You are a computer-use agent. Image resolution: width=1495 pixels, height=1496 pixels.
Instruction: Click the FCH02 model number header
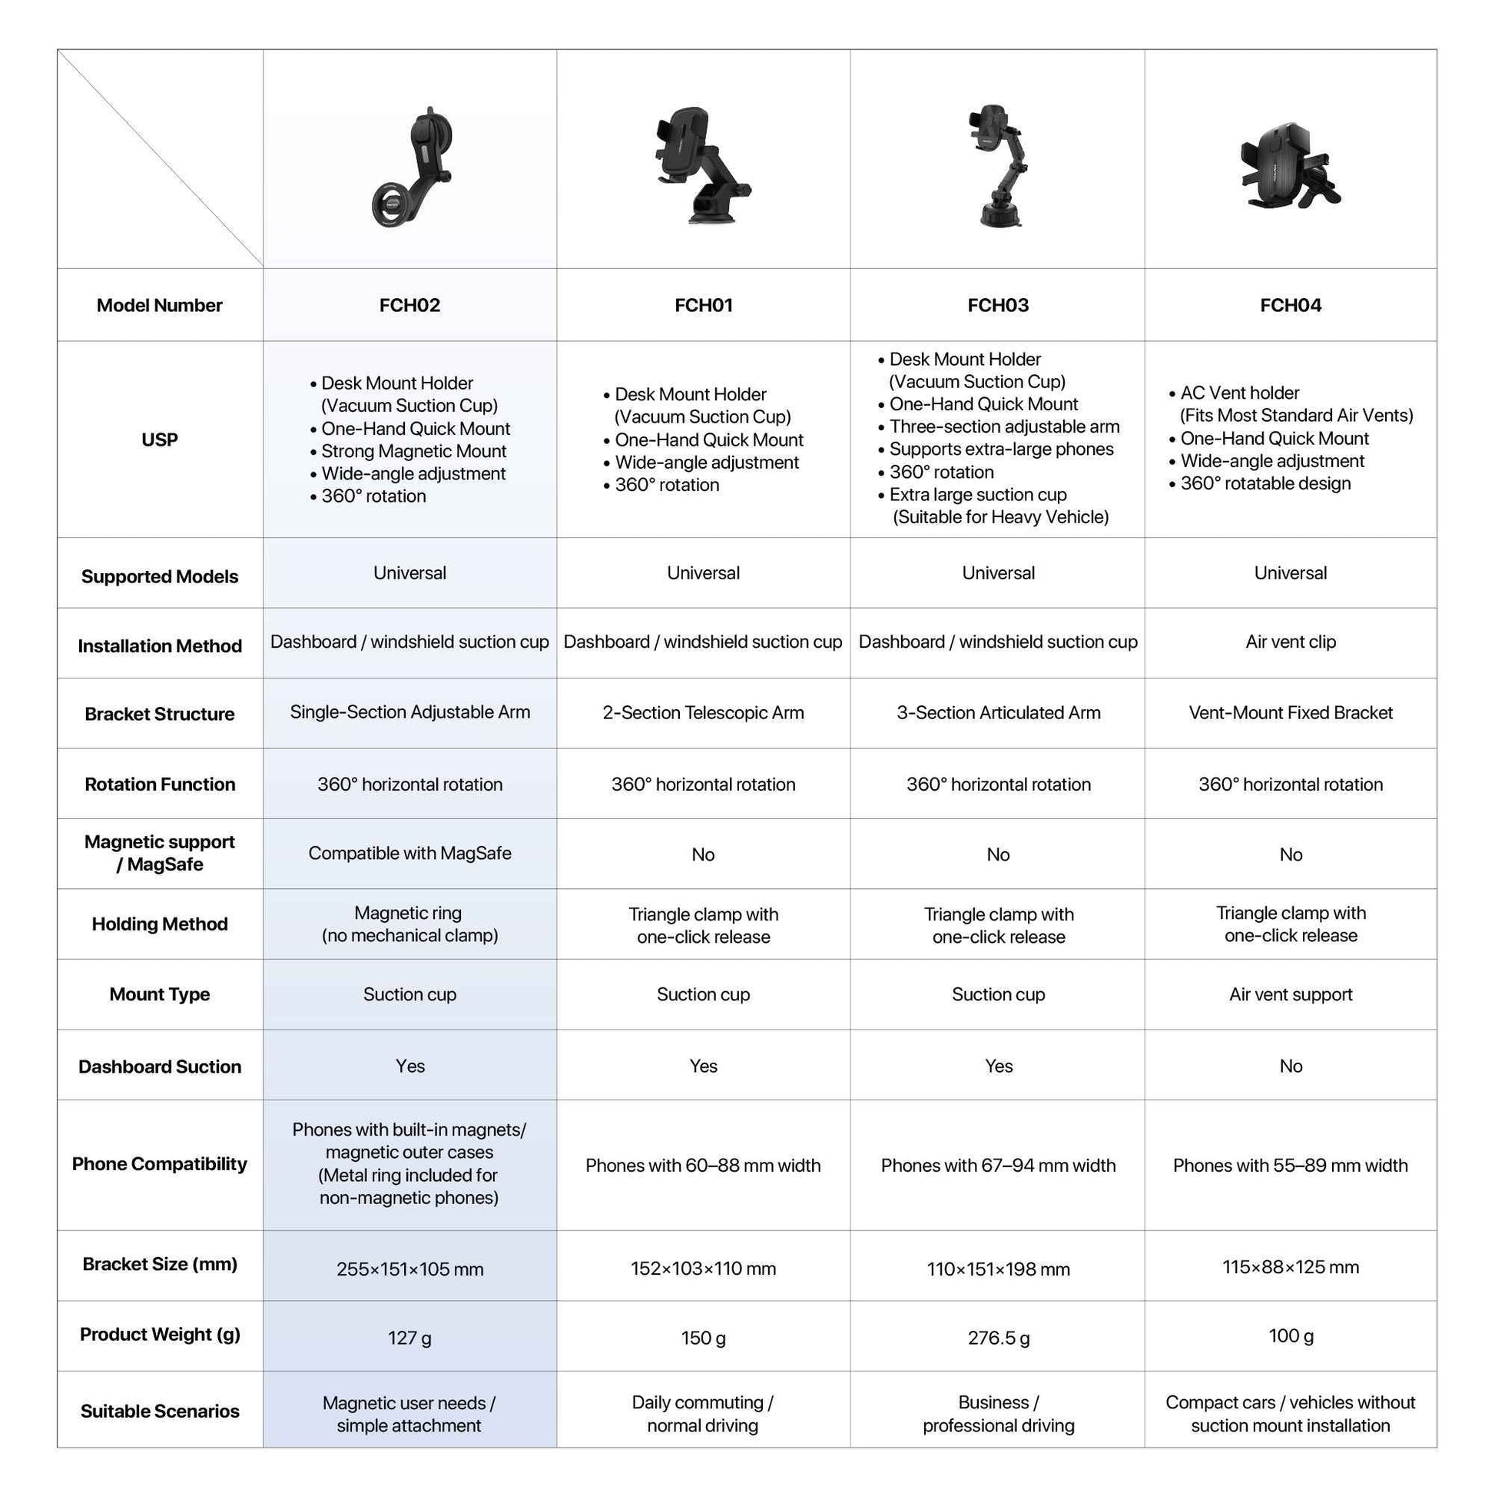(409, 305)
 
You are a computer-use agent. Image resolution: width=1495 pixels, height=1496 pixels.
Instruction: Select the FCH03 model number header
(997, 305)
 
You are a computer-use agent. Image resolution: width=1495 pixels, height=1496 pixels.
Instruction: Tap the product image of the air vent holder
(1289, 165)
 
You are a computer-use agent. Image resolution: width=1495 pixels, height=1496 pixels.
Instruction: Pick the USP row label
(160, 440)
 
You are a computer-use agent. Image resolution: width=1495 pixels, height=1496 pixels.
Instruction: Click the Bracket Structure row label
(160, 714)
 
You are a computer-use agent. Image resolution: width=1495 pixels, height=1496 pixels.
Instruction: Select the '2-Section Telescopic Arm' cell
(703, 712)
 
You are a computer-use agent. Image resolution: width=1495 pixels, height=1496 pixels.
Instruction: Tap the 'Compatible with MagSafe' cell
(409, 854)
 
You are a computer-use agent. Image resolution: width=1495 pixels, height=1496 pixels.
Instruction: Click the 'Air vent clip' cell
(1290, 642)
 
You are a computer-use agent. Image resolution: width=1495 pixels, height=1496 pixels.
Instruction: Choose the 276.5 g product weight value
(998, 1338)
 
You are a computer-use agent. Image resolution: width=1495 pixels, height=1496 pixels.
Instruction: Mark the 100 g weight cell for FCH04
(1290, 1335)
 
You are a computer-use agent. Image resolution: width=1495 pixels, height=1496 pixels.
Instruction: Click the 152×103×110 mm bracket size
(703, 1269)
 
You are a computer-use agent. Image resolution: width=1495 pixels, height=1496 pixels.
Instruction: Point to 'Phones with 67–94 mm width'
(998, 1166)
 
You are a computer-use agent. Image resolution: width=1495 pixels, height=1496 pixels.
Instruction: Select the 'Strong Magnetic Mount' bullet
(413, 452)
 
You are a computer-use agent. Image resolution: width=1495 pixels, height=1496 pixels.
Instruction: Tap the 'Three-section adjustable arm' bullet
(1003, 426)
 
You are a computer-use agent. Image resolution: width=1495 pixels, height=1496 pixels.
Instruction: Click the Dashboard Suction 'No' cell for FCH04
(1290, 1066)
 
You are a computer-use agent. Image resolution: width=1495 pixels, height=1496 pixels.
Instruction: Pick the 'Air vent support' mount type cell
(1290, 994)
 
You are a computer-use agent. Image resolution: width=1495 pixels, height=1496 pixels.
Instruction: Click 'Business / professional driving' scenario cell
(998, 1414)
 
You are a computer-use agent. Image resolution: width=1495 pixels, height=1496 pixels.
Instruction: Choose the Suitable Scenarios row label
(160, 1411)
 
